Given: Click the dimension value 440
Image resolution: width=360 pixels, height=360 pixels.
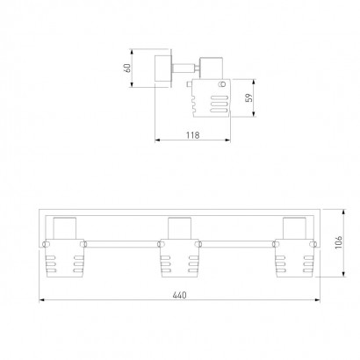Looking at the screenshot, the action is point(179,295).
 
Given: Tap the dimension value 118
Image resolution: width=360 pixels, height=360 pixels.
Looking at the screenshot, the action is point(192,135).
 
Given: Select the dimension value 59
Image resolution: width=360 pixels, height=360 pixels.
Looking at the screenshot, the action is point(249,97).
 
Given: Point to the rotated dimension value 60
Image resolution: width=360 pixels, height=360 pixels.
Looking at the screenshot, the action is point(127,68).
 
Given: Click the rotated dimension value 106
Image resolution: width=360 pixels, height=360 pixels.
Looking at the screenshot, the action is point(338,242).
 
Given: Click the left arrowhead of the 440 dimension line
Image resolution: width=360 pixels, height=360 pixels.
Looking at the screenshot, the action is point(42,300).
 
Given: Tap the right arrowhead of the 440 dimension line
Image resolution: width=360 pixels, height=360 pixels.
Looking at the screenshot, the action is point(317,300).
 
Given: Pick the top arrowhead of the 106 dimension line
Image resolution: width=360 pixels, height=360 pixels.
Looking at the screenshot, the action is point(344,212).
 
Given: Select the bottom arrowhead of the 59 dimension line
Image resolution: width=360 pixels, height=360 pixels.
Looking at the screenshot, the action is point(254,114).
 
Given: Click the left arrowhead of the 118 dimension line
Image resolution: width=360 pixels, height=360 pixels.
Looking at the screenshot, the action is point(157,140).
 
